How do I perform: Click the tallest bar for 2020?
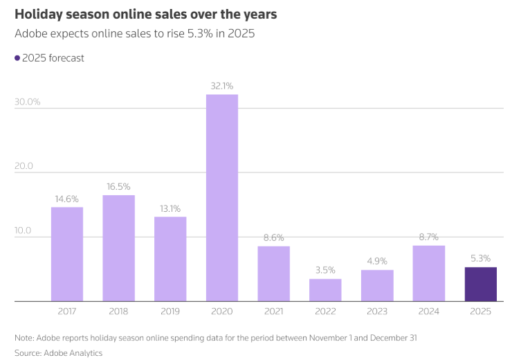point(222,197)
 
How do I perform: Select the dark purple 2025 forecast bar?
point(480,284)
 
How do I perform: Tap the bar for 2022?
point(325,290)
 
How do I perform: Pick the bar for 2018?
point(119,248)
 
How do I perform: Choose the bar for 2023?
point(377,285)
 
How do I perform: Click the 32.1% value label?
point(222,86)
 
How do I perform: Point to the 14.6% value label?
point(67,199)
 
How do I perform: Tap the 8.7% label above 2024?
point(429,237)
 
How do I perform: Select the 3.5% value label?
point(325,271)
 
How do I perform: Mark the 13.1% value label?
point(170,208)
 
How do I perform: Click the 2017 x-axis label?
point(67,312)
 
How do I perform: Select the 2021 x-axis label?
point(274,312)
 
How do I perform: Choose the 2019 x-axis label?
point(170,312)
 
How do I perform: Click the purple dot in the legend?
point(17,58)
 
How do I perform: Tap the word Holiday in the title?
point(37,14)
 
